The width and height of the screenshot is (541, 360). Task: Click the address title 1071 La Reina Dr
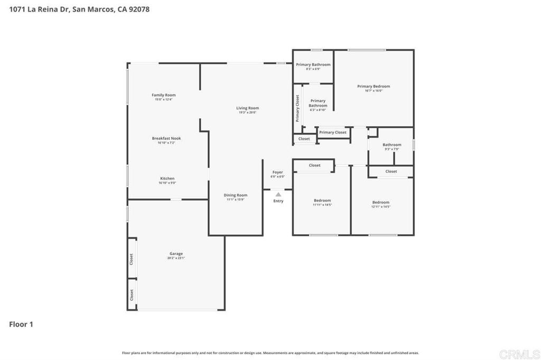tap(79, 9)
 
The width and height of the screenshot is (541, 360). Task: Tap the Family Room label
tap(164, 95)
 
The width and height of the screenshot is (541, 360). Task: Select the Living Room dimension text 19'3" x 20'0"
tap(247, 112)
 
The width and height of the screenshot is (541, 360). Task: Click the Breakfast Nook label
tap(166, 138)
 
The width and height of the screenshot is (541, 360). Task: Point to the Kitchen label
tap(167, 178)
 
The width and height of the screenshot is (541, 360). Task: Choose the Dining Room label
tap(236, 195)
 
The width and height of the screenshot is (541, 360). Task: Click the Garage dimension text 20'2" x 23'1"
tap(176, 258)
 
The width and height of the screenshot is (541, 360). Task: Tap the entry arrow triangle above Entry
tap(278, 194)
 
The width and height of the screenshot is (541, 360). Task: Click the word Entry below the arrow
tap(278, 201)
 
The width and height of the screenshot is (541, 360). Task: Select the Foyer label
tap(277, 172)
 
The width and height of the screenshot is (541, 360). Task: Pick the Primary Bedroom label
tap(374, 87)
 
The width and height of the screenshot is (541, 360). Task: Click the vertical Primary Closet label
tap(297, 108)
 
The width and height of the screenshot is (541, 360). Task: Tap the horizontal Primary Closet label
tap(333, 132)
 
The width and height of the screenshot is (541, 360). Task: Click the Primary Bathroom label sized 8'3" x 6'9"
tap(313, 64)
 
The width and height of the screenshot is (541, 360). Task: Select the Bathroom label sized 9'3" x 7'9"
tap(392, 145)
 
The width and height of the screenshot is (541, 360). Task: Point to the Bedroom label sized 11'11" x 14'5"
tap(322, 201)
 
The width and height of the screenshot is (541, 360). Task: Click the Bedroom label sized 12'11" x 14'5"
tap(380, 202)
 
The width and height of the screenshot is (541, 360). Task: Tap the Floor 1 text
tap(21, 325)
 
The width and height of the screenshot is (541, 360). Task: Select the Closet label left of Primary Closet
tap(304, 139)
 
